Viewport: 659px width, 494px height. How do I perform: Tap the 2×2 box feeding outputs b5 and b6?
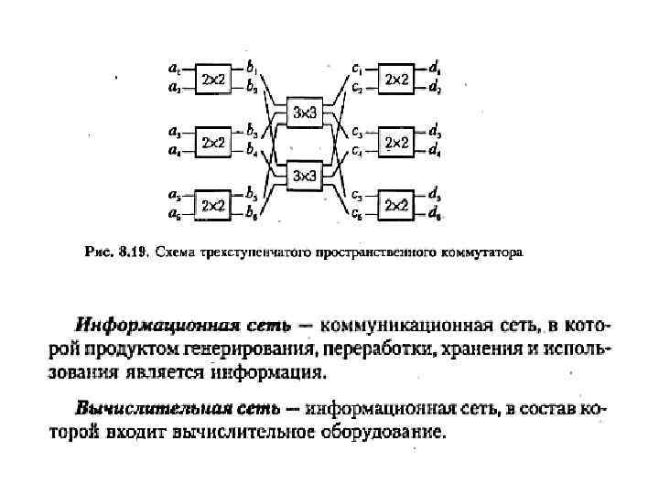point(213,205)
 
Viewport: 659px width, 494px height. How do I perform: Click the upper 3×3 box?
point(303,112)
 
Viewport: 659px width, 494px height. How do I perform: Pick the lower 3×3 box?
point(303,175)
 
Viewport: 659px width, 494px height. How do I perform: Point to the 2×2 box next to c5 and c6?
point(396,205)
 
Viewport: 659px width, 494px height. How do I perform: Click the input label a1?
point(174,68)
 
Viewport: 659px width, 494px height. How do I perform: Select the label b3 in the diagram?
point(251,133)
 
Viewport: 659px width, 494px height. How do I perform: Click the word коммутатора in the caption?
point(485,249)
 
